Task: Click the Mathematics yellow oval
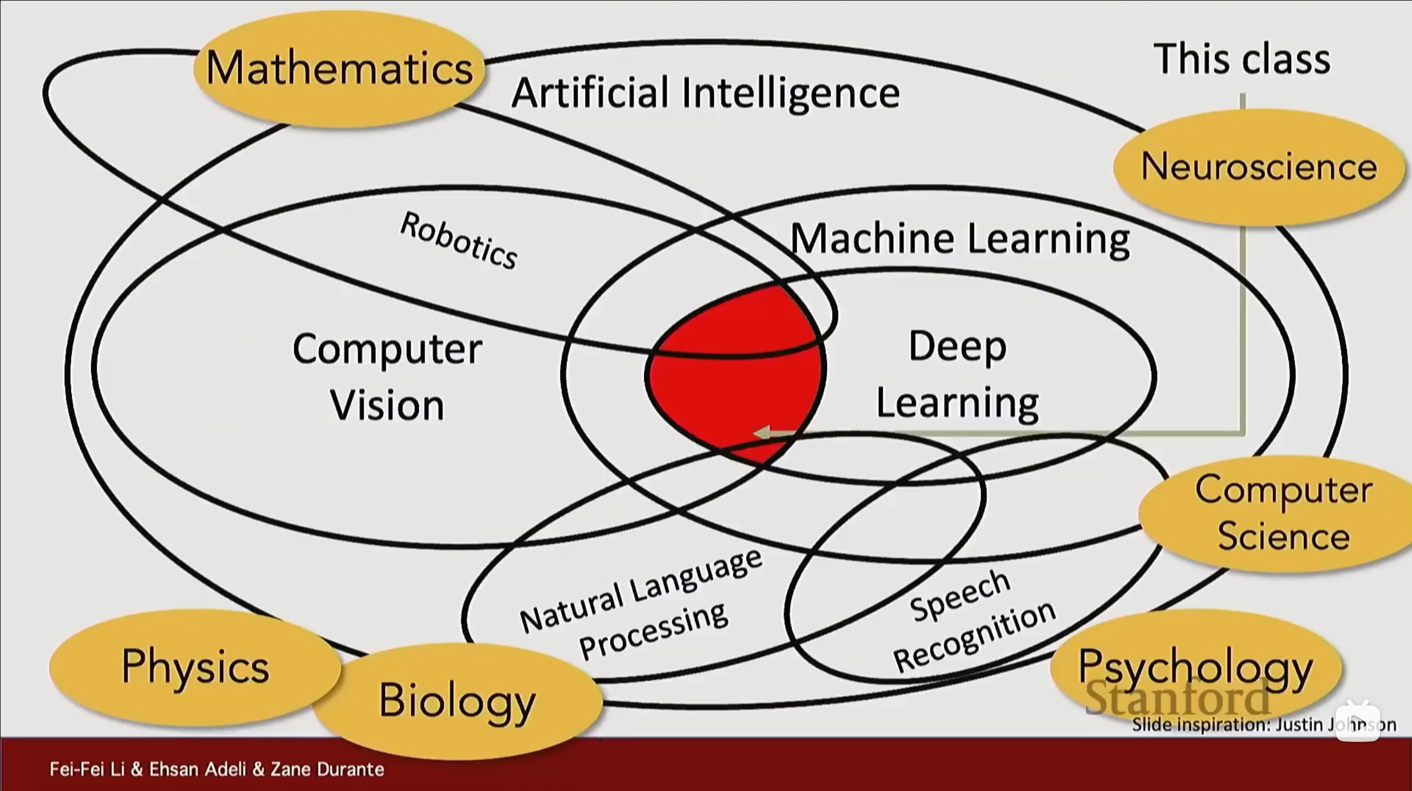[x=339, y=68]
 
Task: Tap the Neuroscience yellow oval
[x=1259, y=167]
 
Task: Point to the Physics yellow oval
[x=195, y=667]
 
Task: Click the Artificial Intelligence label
[x=705, y=93]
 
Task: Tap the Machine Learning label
[x=960, y=239]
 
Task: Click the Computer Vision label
[x=387, y=377]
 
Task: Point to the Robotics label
[x=459, y=241]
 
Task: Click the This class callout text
[x=1241, y=59]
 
